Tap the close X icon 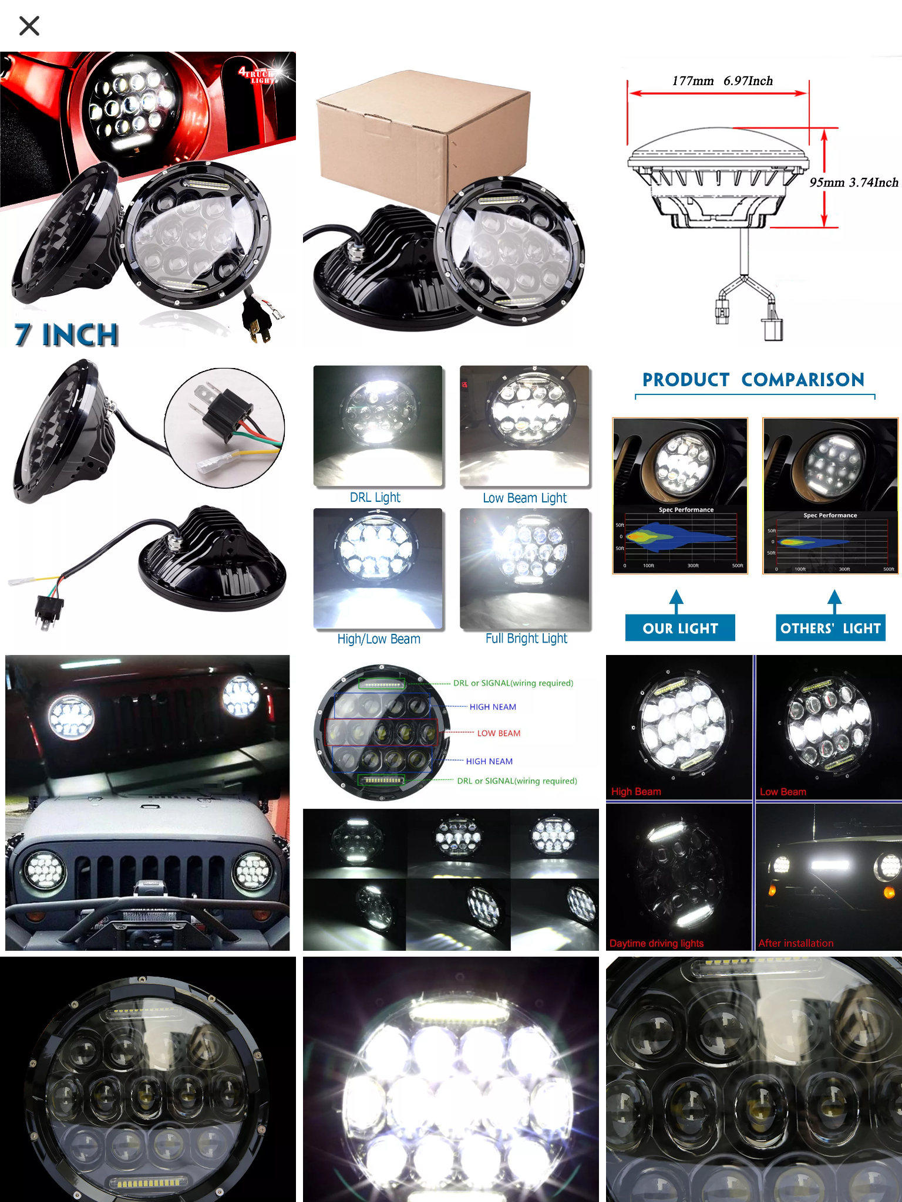(29, 26)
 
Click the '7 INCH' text (66, 335)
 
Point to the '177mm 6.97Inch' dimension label (722, 81)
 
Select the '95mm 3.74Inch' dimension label (853, 183)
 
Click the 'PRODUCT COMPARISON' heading (753, 380)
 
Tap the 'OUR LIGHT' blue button (680, 628)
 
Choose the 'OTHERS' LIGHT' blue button (830, 628)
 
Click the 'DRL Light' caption (375, 498)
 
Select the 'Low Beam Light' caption (524, 498)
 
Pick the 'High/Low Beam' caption (379, 639)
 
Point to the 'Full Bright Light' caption (526, 639)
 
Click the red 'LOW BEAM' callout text (499, 733)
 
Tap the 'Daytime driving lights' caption (657, 943)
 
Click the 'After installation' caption (796, 943)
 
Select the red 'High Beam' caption (636, 792)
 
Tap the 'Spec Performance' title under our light (686, 509)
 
